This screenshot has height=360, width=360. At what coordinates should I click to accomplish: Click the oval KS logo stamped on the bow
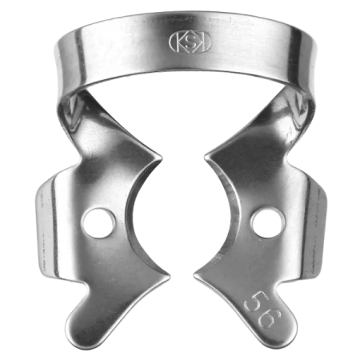pos(180,41)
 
